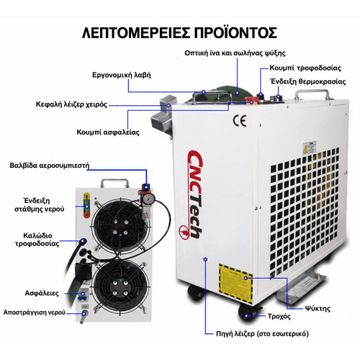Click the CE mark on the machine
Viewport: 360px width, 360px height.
(240, 120)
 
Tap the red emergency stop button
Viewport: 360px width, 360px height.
(250, 100)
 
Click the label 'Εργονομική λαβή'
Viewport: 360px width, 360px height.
(122, 75)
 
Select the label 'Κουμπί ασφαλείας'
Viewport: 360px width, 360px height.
(108, 132)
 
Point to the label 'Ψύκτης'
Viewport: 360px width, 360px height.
(318, 308)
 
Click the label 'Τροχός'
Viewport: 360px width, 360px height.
(279, 316)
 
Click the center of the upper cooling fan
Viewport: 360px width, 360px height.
(120, 228)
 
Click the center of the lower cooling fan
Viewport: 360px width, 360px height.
(120, 287)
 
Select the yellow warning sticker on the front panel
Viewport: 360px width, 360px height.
(235, 282)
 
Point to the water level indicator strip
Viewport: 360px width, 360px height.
(86, 205)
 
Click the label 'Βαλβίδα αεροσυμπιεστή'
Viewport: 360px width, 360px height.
(50, 166)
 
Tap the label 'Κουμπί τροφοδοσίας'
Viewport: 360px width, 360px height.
(305, 68)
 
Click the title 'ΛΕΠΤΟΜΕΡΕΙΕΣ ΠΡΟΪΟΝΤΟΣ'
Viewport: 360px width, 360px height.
(179, 32)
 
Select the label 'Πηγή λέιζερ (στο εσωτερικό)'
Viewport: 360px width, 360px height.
(262, 333)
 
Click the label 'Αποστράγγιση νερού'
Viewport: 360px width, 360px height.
(35, 312)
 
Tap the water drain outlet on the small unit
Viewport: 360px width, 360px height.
(84, 315)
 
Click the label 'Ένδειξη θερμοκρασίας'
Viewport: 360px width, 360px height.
(308, 81)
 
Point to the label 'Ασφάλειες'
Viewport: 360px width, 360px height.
(42, 293)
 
